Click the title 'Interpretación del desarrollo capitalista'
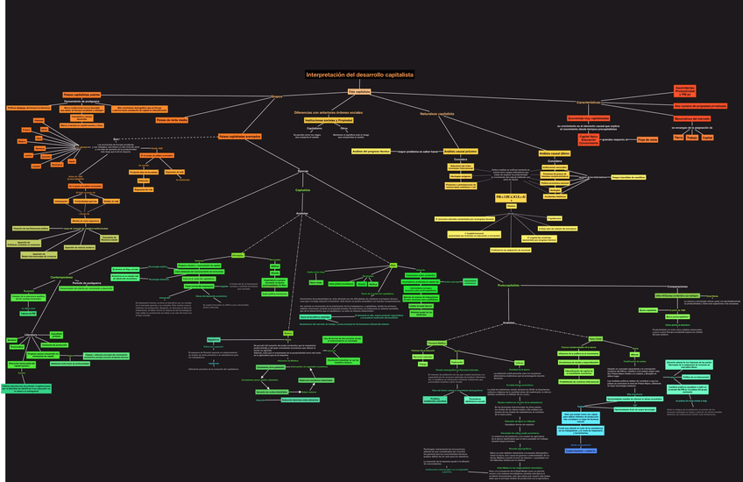click(x=359, y=74)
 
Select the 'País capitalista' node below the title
click(x=359, y=91)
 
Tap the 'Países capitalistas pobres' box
click(x=81, y=94)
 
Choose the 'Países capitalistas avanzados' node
click(x=239, y=137)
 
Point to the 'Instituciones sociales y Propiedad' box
click(x=327, y=120)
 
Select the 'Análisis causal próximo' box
click(x=460, y=151)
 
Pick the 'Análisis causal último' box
click(x=555, y=152)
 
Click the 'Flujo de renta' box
click(x=647, y=139)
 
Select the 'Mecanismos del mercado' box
click(x=692, y=118)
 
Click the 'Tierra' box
click(x=678, y=137)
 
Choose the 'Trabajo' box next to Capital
click(x=692, y=137)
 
